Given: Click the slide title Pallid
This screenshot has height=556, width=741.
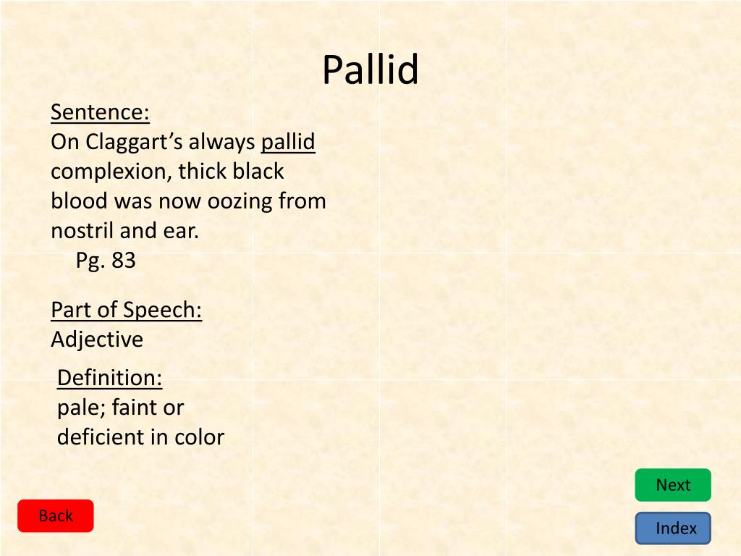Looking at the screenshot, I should pos(370,70).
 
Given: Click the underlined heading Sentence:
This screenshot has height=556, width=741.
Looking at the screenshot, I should pos(100,113).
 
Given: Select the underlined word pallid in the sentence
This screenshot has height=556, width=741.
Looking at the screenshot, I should pos(288,142).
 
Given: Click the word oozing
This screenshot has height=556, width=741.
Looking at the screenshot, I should pos(240,201).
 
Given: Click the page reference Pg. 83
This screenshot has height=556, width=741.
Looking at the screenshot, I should pos(106,261).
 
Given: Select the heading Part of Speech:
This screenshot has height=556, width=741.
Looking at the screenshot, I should pos(126,310).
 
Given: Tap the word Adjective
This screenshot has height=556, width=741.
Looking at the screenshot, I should pos(97,340).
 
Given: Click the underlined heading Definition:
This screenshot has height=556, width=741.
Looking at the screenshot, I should pos(109,378).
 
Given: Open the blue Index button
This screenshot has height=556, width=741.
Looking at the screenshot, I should pos(673,528).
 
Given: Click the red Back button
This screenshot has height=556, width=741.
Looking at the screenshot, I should pos(56,516).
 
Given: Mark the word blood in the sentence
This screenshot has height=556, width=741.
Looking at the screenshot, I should pos(78,201).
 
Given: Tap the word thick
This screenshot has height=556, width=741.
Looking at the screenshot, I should pos(203,172).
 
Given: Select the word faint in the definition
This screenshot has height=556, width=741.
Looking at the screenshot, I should pos(135,408).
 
